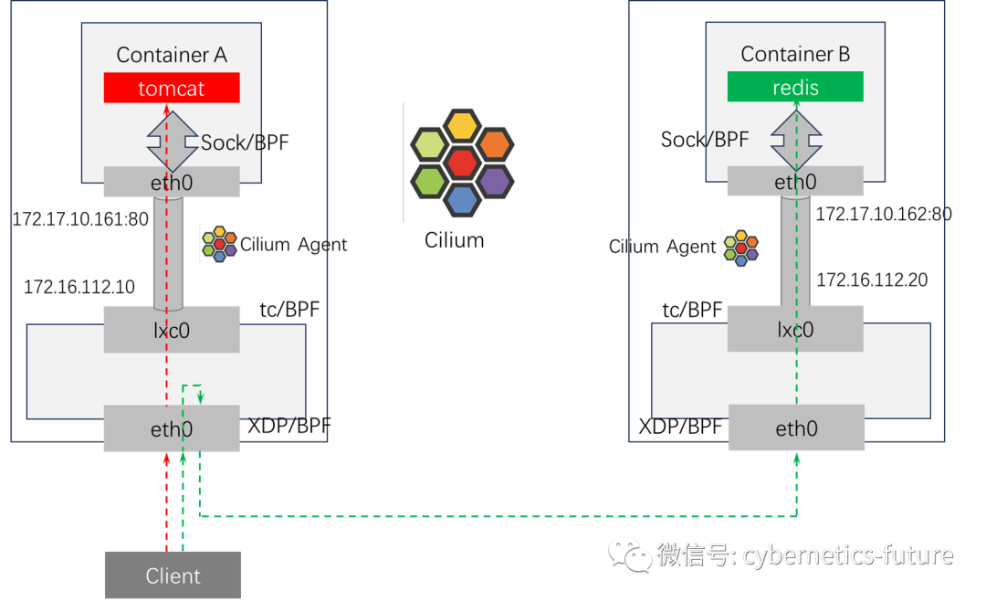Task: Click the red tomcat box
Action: pyautogui.click(x=172, y=89)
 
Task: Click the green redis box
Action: pyautogui.click(x=795, y=88)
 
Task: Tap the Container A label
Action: pyautogui.click(x=172, y=55)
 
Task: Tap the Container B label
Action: pyautogui.click(x=795, y=54)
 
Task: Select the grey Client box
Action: pyautogui.click(x=173, y=576)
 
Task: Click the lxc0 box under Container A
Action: pyautogui.click(x=172, y=330)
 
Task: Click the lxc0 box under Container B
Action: pyautogui.click(x=795, y=329)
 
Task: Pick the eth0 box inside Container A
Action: pyautogui.click(x=172, y=182)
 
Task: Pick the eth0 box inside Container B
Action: pyautogui.click(x=795, y=182)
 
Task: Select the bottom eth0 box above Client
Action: pyautogui.click(x=172, y=428)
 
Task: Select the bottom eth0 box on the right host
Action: pyautogui.click(x=795, y=428)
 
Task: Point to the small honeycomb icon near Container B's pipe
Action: pyautogui.click(x=741, y=248)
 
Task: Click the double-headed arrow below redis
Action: pyautogui.click(x=796, y=139)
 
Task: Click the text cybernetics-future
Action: pyautogui.click(x=847, y=554)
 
